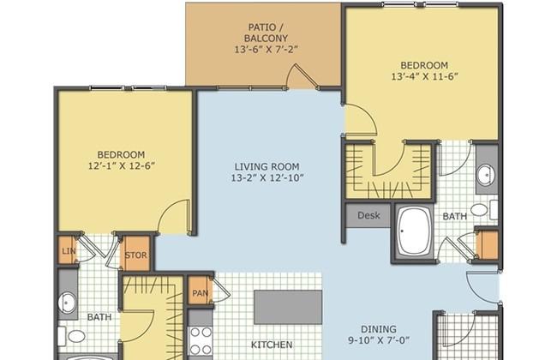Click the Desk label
[x=368, y=215]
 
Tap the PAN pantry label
[x=200, y=293]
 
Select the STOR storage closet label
[x=135, y=255]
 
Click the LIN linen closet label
[x=69, y=251]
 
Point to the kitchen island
[x=288, y=307]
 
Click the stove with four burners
[x=201, y=341]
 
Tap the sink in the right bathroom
[x=486, y=175]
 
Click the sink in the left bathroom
[x=67, y=303]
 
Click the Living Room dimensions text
[x=267, y=177]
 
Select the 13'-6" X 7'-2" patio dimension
[x=266, y=50]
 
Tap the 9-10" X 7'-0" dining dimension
[x=379, y=340]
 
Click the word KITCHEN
[x=272, y=345]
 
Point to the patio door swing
[x=302, y=76]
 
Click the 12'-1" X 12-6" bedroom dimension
[x=121, y=166]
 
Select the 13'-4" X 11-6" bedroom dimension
[x=424, y=77]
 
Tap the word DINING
[x=379, y=329]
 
